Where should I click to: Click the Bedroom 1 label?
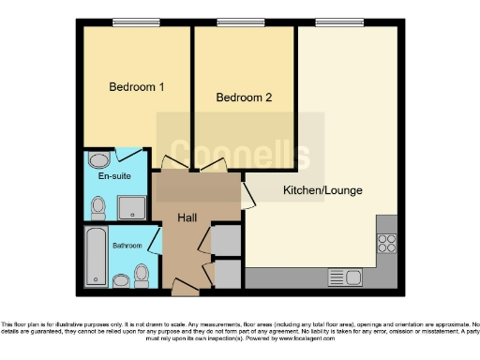(x=137, y=87)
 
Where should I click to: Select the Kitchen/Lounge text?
(x=322, y=190)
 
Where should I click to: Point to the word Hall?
(x=187, y=217)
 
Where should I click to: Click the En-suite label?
(x=114, y=175)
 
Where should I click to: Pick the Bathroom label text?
(x=127, y=246)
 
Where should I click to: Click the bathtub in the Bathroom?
(x=96, y=256)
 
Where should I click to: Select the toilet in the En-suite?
(x=97, y=206)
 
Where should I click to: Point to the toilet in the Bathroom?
(x=142, y=274)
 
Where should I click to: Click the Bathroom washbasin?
(x=120, y=280)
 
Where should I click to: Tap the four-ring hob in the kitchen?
(x=385, y=244)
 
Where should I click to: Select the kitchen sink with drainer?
(x=343, y=277)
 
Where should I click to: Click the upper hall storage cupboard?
(x=225, y=241)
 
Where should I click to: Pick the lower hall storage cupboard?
(x=225, y=273)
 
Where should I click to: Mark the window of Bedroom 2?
(x=231, y=23)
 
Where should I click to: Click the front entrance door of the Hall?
(x=183, y=283)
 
